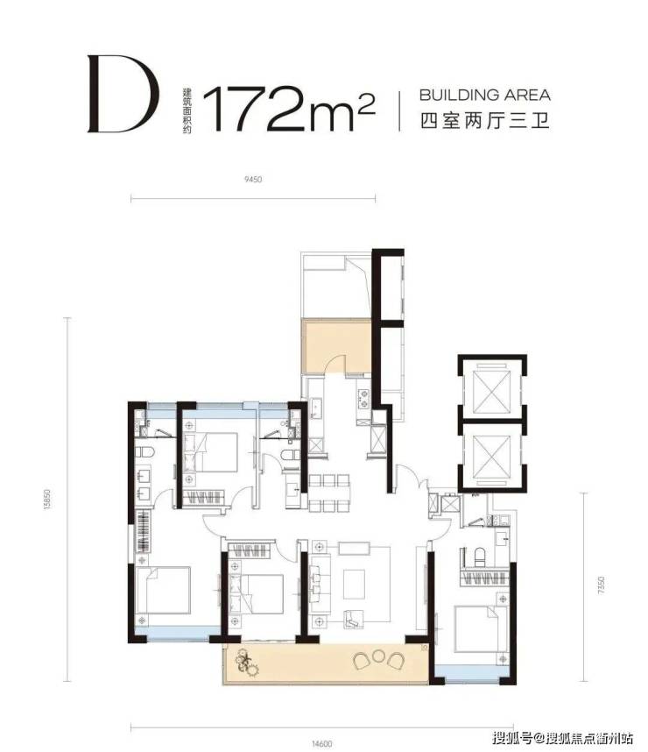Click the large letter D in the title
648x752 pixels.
coord(123,94)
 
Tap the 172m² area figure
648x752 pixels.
coord(288,109)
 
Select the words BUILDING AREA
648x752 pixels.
coord(484,95)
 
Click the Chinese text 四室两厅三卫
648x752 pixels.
coord(484,120)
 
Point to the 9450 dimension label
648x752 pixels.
coord(253,180)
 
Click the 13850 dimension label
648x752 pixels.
coord(47,499)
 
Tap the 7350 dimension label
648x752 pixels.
coord(601,585)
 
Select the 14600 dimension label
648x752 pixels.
coord(321,744)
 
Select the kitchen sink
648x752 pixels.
coord(316,408)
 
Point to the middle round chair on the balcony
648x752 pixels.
coord(378,656)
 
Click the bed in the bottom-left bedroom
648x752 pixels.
coord(164,591)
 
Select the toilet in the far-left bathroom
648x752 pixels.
coord(144,451)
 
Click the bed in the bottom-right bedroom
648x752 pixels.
coord(480,628)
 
